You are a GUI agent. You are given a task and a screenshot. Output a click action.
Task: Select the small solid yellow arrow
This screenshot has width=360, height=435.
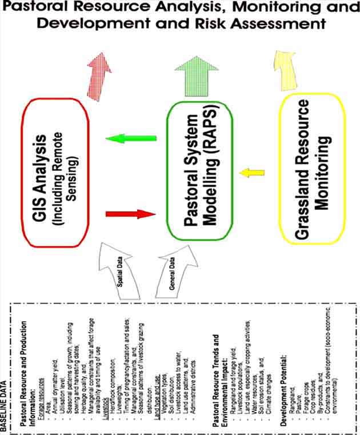(x=251, y=171)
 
